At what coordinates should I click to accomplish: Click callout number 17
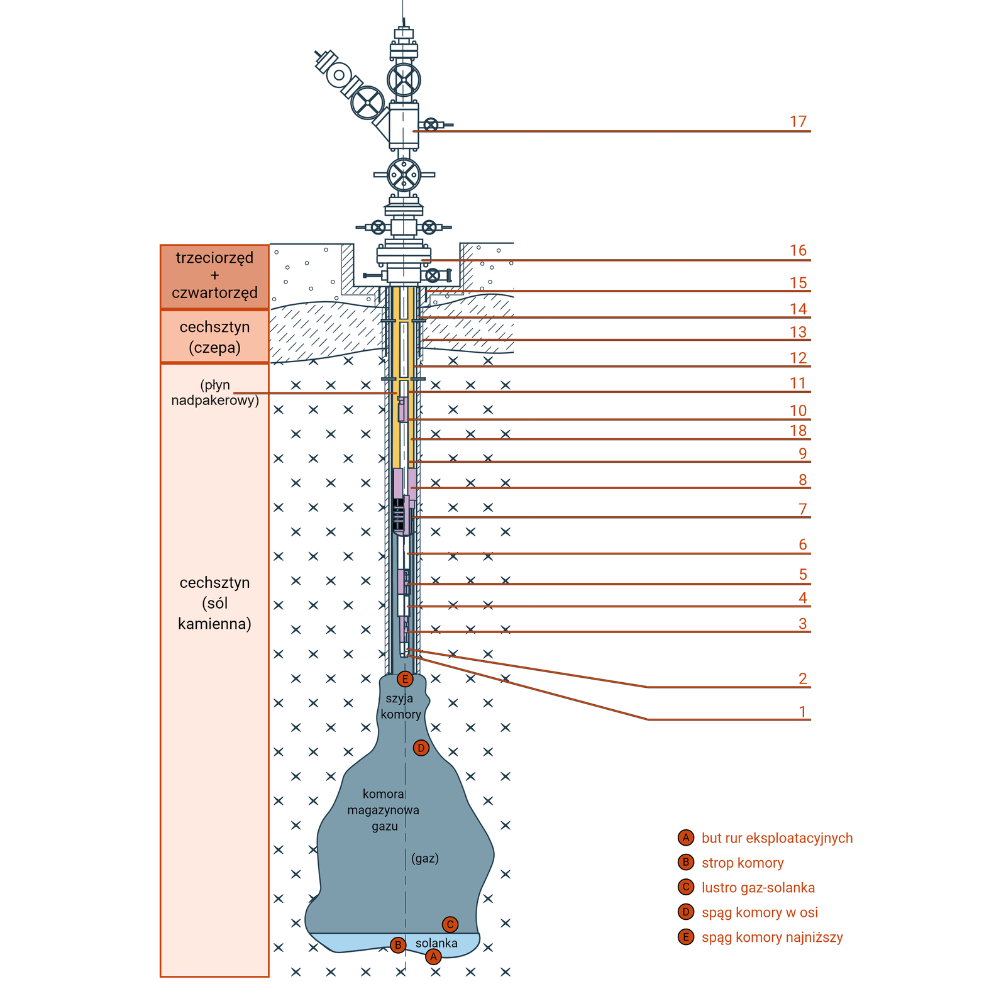(x=798, y=121)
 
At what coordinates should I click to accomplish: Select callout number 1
(x=802, y=711)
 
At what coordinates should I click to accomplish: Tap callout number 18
(x=798, y=431)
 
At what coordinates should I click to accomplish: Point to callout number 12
(x=798, y=358)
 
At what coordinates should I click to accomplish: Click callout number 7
(x=802, y=509)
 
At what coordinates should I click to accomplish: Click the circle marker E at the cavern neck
(x=405, y=679)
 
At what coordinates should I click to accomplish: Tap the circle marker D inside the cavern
(x=421, y=748)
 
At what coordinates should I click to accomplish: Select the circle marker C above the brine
(x=450, y=924)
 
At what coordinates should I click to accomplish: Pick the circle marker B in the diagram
(x=397, y=945)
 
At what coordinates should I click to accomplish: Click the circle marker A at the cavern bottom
(x=433, y=957)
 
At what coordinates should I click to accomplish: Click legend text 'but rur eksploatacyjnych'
(x=777, y=838)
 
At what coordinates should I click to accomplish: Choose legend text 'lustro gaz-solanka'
(x=758, y=888)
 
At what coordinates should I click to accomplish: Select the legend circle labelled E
(x=686, y=937)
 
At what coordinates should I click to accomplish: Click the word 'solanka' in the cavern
(x=436, y=943)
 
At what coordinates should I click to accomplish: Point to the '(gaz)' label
(x=425, y=858)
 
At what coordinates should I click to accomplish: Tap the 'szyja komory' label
(x=401, y=706)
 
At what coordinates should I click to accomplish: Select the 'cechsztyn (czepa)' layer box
(x=214, y=337)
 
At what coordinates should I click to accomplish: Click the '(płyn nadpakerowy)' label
(x=215, y=392)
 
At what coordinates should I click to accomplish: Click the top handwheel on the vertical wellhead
(x=404, y=80)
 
